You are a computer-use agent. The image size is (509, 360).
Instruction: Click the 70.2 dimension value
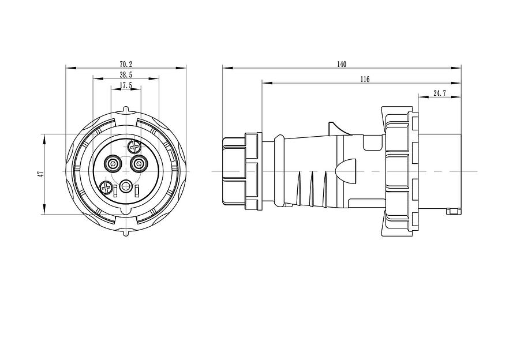point(126,63)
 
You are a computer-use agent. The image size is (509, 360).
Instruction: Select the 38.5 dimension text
point(126,75)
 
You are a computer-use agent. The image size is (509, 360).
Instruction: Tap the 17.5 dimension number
point(126,85)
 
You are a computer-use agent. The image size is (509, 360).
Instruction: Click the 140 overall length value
point(342,64)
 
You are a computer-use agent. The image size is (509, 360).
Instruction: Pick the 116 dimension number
point(364,79)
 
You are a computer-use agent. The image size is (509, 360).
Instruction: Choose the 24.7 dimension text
point(439,93)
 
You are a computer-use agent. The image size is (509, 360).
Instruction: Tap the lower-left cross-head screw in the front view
point(106,187)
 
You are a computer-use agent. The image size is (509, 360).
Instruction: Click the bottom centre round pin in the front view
point(126,187)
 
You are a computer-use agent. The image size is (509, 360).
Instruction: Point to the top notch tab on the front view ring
point(126,110)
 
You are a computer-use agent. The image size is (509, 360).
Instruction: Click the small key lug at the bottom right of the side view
point(454,212)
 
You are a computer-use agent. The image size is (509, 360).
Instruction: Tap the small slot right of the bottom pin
point(138,190)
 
